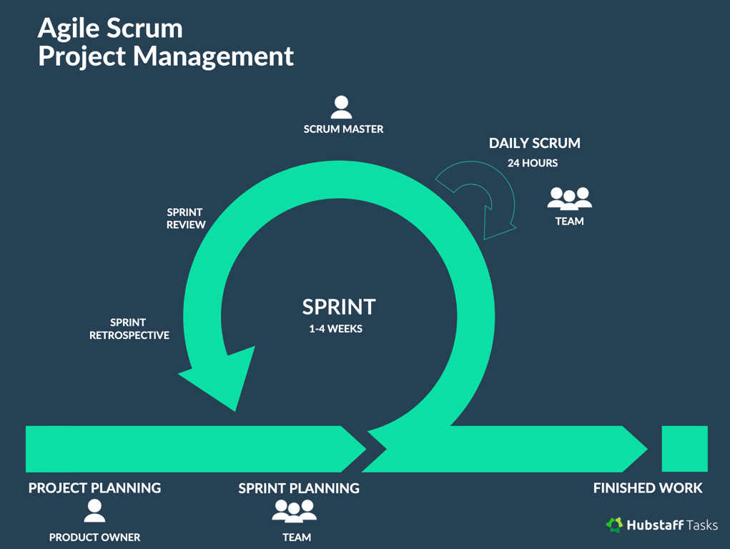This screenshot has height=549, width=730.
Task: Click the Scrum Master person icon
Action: tap(341, 107)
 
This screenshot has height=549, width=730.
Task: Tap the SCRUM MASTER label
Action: tap(343, 129)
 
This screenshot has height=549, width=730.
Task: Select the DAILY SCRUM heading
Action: tap(534, 143)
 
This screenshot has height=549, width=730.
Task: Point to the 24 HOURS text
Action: tap(533, 163)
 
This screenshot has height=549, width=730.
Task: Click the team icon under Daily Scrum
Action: tap(569, 198)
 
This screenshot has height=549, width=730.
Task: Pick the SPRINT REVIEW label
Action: tap(186, 218)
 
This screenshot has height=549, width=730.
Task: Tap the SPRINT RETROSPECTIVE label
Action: tap(129, 329)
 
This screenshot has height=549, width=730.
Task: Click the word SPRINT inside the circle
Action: tap(338, 307)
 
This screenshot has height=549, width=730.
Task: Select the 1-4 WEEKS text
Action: tap(335, 329)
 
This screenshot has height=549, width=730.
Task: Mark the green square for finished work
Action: tap(684, 449)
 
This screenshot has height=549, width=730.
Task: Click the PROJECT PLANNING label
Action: tap(94, 488)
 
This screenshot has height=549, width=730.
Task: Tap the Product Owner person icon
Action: tap(94, 510)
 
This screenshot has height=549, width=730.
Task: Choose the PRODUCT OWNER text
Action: tap(94, 538)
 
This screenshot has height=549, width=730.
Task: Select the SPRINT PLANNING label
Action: tap(298, 488)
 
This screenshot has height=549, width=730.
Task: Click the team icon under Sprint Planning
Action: tap(295, 510)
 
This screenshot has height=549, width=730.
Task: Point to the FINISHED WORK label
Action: tap(648, 488)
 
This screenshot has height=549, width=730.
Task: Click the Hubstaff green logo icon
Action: tap(614, 525)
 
